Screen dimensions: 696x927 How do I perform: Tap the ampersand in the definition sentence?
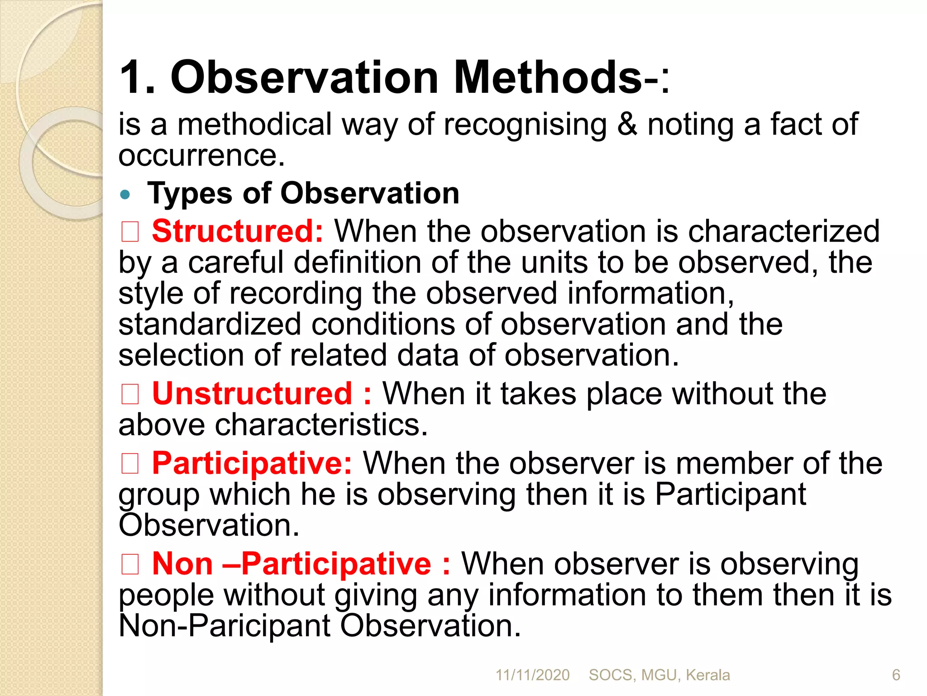pos(627,124)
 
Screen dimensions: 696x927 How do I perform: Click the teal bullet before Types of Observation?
pos(125,195)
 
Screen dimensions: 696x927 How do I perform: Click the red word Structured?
pos(237,232)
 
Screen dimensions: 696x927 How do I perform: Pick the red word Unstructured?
pos(252,393)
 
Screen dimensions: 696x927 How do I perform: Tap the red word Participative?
pos(252,464)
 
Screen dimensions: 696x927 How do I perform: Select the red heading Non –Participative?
pos(291,564)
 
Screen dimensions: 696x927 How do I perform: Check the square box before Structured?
pos(130,232)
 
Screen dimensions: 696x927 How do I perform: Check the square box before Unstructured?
pos(130,393)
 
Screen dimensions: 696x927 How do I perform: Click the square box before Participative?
pos(130,464)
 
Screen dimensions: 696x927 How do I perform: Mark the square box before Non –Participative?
pos(130,564)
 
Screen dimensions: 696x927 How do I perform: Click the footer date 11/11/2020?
pos(532,675)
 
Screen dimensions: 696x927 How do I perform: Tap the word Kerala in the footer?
pos(707,675)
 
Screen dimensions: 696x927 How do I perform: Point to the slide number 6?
pos(896,675)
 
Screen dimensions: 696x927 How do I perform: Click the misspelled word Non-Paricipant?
pos(225,626)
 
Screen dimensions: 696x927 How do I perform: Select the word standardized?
pos(210,324)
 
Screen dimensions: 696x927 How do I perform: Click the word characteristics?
pos(320,425)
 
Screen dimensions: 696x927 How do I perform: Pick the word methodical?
pos(254,124)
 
